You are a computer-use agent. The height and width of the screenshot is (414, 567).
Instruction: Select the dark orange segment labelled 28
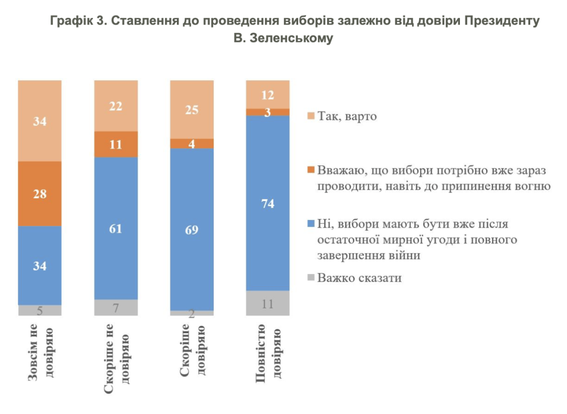click(x=40, y=194)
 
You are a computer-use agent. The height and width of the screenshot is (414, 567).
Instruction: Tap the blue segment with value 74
click(x=268, y=203)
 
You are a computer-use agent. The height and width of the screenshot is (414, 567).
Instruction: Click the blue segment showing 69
click(x=192, y=229)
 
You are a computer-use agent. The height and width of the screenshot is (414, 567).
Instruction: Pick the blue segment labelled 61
click(x=115, y=228)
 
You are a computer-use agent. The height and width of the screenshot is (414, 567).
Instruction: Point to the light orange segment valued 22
click(x=115, y=106)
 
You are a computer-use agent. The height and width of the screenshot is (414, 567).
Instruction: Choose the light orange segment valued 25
click(x=192, y=110)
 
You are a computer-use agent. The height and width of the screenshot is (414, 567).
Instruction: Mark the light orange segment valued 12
click(x=268, y=94)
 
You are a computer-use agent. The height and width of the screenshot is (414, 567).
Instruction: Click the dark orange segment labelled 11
click(x=115, y=144)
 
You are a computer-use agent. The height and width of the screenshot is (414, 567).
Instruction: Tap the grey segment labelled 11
click(x=268, y=303)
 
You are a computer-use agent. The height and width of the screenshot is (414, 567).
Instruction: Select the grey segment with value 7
click(x=115, y=307)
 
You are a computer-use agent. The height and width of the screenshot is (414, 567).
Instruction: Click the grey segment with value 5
click(x=40, y=310)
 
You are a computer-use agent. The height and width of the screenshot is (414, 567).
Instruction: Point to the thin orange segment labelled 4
click(x=192, y=144)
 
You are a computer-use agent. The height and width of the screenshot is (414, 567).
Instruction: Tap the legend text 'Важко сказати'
click(x=359, y=278)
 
